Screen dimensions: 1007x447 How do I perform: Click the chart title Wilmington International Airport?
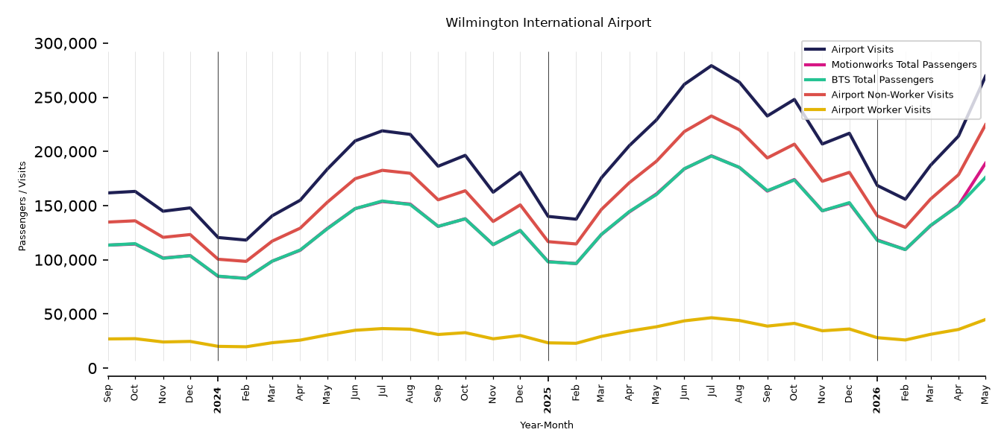pos(548,22)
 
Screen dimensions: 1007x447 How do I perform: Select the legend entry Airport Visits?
pos(862,49)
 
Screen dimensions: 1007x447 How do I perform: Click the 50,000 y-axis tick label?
pos(70,314)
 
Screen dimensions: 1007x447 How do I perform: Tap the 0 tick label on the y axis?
pos(92,369)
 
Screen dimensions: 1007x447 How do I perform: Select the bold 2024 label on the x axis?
pos(218,400)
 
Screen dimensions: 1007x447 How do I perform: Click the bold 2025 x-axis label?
pos(548,400)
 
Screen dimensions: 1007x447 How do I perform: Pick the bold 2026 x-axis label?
pos(876,400)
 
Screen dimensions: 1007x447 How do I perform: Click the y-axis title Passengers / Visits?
pos(22,206)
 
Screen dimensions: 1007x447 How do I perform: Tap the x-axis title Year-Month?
pos(547,425)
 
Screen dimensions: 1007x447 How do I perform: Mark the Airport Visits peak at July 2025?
pos(711,66)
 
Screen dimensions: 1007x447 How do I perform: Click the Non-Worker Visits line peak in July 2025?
pos(711,115)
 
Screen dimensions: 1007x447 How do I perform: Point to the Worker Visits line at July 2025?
pos(711,318)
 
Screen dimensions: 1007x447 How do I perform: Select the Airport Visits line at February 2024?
pos(245,240)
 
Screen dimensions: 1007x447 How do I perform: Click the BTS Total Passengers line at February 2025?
pos(575,264)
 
